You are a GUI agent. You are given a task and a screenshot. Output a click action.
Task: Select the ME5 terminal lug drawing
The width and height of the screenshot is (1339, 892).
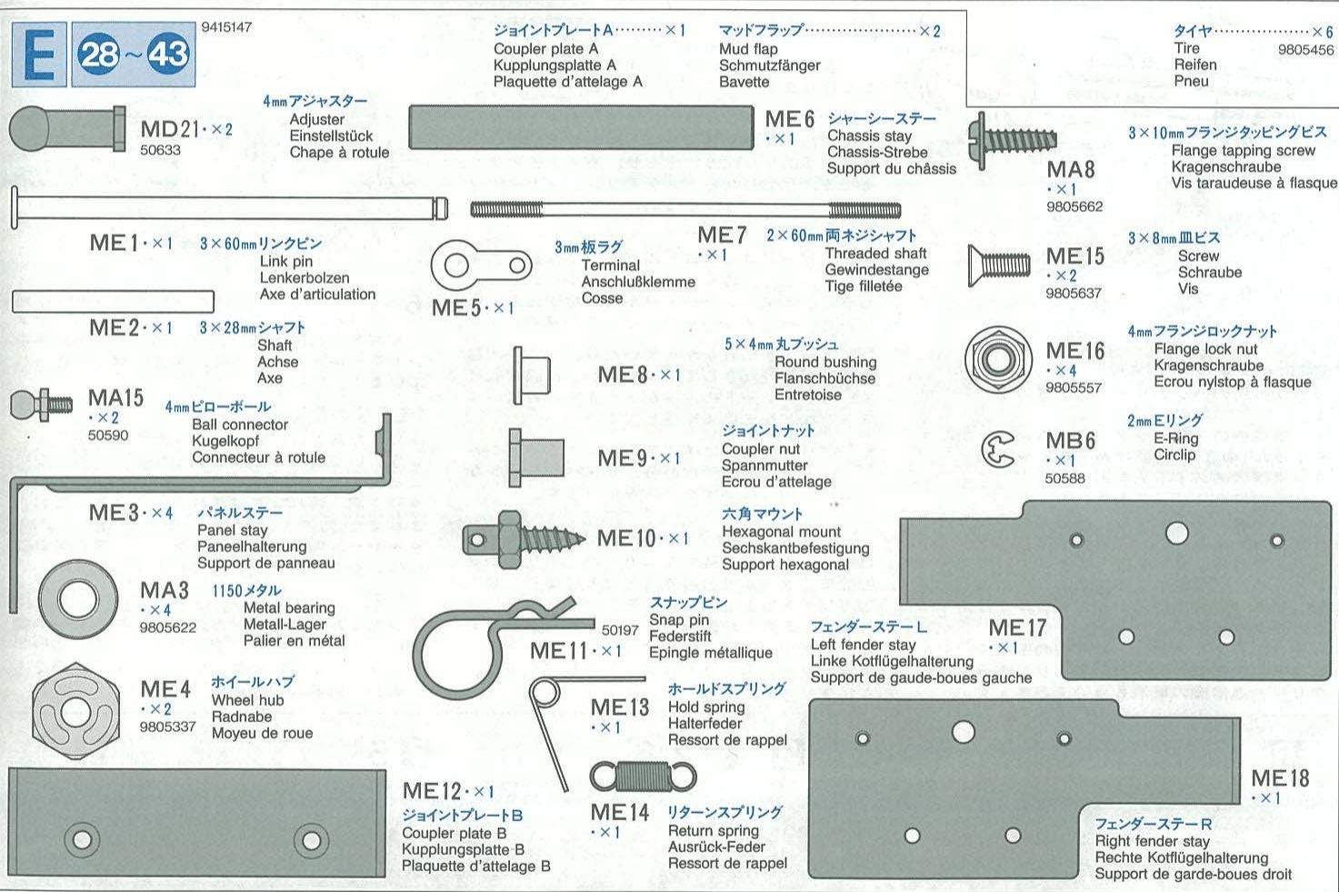[481, 266]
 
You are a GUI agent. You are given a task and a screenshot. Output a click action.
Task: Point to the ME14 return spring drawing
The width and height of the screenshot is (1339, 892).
[643, 777]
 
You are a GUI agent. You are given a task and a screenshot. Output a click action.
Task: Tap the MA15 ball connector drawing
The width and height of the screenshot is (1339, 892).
[41, 403]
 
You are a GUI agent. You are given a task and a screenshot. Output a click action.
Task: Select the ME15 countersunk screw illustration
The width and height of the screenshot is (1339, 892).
[999, 264]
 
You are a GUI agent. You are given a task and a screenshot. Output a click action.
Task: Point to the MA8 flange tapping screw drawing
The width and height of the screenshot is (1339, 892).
[1013, 140]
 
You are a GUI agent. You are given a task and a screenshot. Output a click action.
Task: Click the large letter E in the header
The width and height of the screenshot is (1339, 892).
[40, 55]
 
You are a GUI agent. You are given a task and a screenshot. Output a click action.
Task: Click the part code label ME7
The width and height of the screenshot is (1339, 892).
[722, 236]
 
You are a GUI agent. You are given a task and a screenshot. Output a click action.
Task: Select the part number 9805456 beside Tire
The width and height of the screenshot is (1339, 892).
[1305, 50]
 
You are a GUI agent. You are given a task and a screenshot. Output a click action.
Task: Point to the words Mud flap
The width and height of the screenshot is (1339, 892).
[748, 49]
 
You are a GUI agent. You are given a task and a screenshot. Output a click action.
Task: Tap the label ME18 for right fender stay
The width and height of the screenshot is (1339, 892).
[1280, 778]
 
